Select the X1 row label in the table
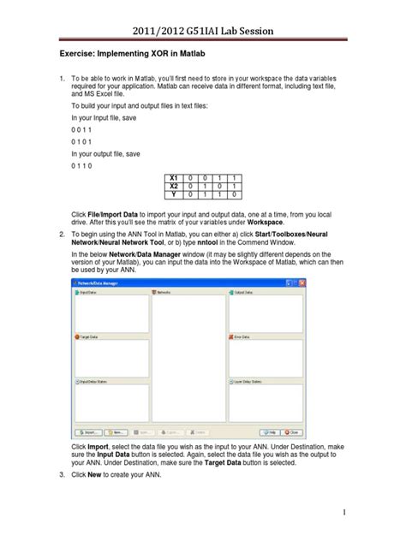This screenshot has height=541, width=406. tap(174, 177)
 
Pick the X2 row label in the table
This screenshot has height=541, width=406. tap(174, 185)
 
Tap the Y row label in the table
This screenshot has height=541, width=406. tap(174, 193)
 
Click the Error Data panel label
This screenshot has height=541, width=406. tap(242, 337)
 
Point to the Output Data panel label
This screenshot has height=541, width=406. tap(243, 292)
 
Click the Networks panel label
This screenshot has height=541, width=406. tap(165, 292)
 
